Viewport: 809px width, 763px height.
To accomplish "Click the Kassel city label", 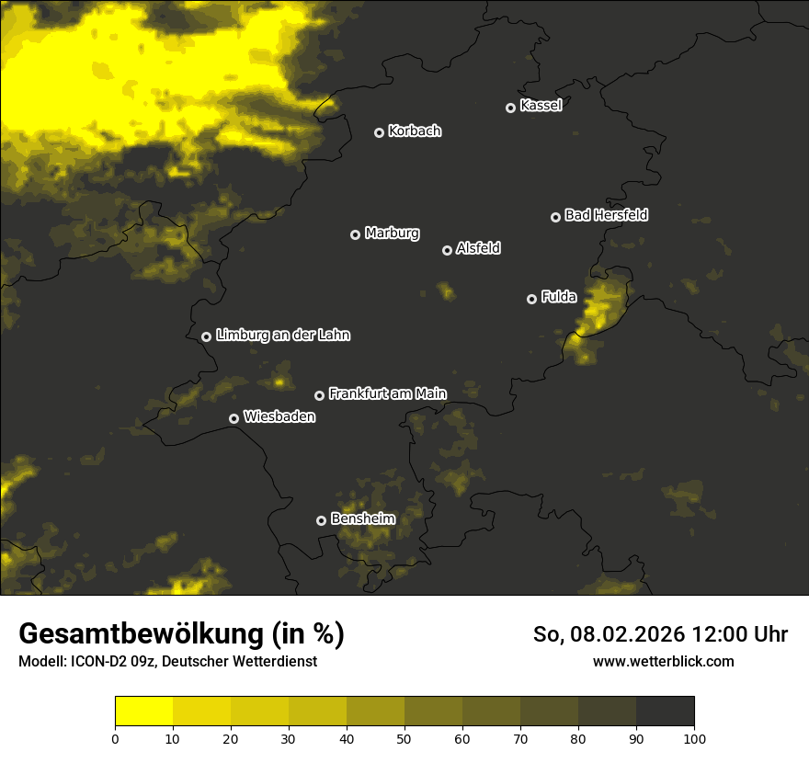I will [541, 106].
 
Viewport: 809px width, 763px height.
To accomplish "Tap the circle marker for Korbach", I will [379, 132].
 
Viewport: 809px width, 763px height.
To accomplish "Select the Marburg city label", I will [392, 233].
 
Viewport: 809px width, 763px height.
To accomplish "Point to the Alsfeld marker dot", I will [448, 250].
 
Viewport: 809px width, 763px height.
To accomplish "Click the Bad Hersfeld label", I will [606, 215].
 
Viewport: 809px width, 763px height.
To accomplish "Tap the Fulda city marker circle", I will [531, 299].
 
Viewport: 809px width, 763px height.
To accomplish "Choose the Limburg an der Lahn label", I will [282, 336].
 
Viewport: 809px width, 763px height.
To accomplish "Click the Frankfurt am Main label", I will [387, 393].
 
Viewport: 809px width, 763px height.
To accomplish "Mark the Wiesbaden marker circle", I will [234, 418].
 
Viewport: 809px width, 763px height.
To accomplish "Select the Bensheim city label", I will [363, 518].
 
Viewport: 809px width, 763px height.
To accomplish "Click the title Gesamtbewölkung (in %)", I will [181, 634].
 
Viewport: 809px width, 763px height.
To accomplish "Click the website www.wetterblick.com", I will [663, 661].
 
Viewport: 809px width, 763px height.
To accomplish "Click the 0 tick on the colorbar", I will [115, 738].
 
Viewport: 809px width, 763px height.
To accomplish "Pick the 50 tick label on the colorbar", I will [404, 738].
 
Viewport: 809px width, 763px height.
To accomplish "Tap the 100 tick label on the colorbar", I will [694, 738].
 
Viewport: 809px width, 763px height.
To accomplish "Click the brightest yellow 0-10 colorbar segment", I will [144, 712].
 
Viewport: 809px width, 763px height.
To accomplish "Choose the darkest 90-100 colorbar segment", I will [665, 712].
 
